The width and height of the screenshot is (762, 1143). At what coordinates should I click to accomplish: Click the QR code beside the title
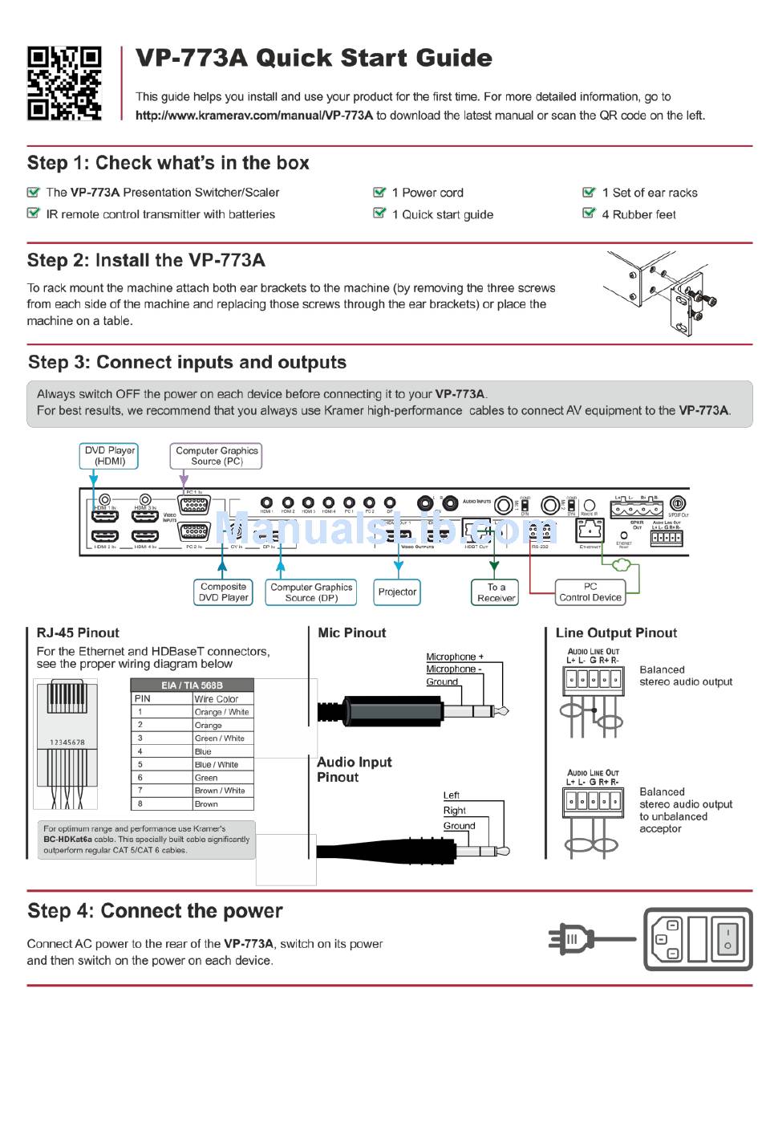64,83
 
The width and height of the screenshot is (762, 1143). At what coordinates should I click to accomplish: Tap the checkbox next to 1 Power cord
379,192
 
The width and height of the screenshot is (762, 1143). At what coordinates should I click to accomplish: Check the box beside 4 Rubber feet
589,214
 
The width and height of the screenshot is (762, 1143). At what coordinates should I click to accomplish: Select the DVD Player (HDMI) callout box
110,456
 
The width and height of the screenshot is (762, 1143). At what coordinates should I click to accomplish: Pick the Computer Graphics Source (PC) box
217,456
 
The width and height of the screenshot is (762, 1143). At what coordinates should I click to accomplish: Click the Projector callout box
398,592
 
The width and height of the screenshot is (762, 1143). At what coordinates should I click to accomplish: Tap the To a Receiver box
497,592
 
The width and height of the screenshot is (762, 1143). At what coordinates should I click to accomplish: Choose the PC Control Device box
590,592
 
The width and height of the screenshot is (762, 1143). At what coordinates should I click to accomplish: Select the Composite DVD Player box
224,592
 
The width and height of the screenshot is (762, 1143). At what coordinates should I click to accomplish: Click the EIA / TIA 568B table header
192,685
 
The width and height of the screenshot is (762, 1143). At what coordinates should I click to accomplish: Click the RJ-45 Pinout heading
78,633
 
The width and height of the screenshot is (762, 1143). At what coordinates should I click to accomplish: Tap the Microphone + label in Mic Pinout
455,657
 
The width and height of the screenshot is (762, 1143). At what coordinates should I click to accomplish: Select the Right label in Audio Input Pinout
455,811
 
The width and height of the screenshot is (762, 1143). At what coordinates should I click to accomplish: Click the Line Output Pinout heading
616,633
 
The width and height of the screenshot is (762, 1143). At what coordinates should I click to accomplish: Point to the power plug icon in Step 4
571,938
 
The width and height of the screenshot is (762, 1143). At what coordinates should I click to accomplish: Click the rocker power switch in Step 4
728,939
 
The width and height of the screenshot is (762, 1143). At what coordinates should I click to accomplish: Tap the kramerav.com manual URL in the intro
254,116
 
